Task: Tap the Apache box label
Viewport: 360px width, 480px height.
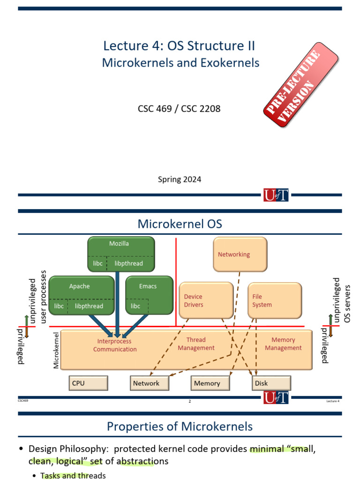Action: tap(79, 286)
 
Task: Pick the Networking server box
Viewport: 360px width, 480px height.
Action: tap(240, 254)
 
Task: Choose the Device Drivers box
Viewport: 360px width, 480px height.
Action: tap(206, 300)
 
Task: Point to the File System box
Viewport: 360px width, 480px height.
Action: tap(274, 300)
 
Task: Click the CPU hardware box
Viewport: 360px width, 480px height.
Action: tap(88, 383)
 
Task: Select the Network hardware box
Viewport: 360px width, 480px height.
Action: tap(150, 383)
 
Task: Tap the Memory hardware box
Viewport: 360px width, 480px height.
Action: tap(210, 383)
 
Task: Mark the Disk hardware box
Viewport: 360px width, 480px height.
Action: tap(271, 383)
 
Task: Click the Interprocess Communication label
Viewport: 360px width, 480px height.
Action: tap(115, 345)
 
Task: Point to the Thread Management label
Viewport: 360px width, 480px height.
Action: tap(196, 344)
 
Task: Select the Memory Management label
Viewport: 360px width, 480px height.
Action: tap(283, 344)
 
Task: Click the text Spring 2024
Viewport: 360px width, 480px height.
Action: tap(180, 179)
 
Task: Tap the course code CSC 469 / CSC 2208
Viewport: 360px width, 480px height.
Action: tap(179, 109)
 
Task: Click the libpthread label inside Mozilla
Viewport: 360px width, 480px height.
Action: tap(129, 263)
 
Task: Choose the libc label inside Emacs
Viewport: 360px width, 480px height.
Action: tap(135, 306)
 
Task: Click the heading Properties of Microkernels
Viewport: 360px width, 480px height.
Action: tap(180, 426)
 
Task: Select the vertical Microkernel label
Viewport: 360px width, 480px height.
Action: tap(56, 350)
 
